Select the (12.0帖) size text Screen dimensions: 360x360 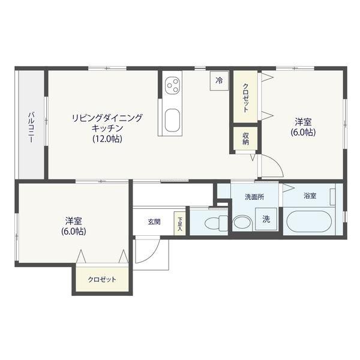pyautogui.click(x=107, y=139)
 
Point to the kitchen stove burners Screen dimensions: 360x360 pyautogui.click(x=172, y=85)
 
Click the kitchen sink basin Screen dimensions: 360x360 pyautogui.click(x=172, y=121)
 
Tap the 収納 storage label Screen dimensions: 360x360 pyautogui.click(x=246, y=139)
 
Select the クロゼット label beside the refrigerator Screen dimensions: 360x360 pyautogui.click(x=246, y=97)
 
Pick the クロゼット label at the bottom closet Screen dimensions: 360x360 pyautogui.click(x=102, y=280)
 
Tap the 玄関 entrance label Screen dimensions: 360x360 pyautogui.click(x=154, y=221)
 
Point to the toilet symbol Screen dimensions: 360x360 pyautogui.click(x=212, y=224)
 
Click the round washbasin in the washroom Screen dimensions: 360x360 pyautogui.click(x=242, y=222)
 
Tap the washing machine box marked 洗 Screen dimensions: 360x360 pyautogui.click(x=265, y=220)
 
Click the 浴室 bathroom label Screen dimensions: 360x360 pyautogui.click(x=310, y=196)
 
